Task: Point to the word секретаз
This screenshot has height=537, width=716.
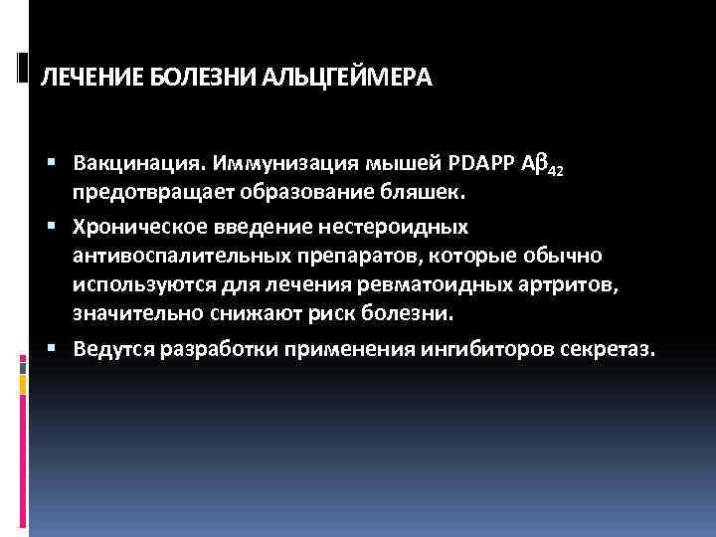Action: click(603, 350)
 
